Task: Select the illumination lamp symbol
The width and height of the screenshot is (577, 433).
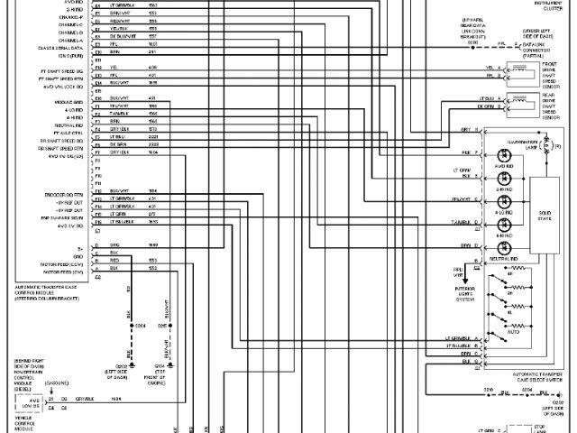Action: point(545,143)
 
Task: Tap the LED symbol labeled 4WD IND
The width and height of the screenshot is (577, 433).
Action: point(503,154)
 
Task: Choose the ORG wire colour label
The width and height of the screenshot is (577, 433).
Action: point(114,245)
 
